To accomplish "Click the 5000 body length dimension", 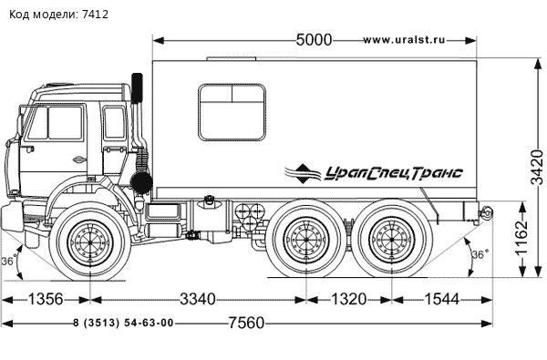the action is click(314, 40).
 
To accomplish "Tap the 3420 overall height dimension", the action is click(537, 167).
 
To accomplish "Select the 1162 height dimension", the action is click(522, 239).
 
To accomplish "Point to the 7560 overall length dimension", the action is click(246, 323).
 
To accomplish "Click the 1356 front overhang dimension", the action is click(46, 299).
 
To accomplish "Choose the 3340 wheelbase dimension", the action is click(198, 299).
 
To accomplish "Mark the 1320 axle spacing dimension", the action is click(348, 299).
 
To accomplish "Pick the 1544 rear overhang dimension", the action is click(441, 299).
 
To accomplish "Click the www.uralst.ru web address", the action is click(404, 40).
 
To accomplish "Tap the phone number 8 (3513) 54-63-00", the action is click(123, 323).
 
